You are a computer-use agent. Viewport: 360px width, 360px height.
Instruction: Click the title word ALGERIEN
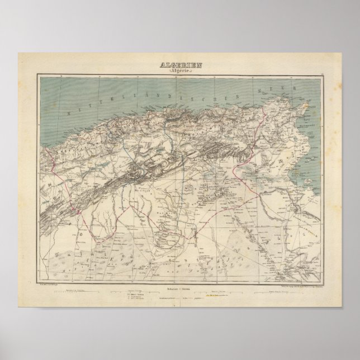[x=180, y=64]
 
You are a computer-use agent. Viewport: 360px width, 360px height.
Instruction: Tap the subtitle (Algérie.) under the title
[x=180, y=72]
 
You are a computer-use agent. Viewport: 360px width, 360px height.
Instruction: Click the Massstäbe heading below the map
[x=180, y=273]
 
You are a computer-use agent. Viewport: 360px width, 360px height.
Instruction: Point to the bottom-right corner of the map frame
[x=322, y=268]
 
